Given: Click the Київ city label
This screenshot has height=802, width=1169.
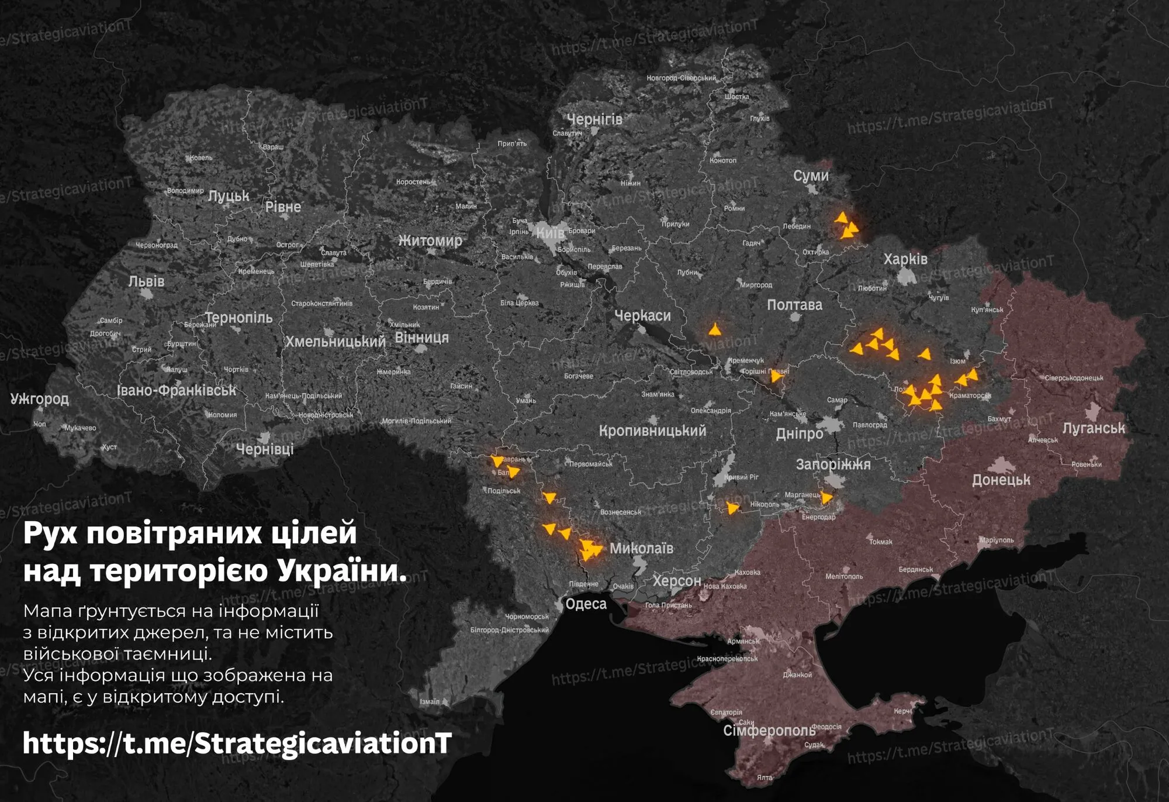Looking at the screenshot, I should (x=551, y=233).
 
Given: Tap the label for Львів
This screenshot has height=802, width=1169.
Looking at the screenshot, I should (x=146, y=281).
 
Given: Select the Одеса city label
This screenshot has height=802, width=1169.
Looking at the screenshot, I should (x=586, y=604).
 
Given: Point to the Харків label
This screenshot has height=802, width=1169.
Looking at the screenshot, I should (x=905, y=259).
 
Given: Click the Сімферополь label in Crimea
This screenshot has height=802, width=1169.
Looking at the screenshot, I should (x=769, y=731).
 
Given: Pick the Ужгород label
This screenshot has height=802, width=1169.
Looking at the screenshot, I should (x=39, y=399).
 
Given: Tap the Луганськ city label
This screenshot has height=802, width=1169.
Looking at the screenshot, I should (x=1093, y=428).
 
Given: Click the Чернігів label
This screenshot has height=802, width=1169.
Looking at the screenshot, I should (x=594, y=119).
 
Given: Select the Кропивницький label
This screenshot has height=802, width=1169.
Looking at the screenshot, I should (x=652, y=431).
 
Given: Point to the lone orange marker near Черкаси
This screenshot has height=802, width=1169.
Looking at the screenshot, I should (x=714, y=330).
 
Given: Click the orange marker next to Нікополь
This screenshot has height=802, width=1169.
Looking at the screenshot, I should (x=732, y=508).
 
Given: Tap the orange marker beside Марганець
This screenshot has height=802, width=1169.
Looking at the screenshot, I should (x=826, y=498).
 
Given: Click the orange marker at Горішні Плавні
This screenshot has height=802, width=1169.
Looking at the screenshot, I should (x=776, y=376).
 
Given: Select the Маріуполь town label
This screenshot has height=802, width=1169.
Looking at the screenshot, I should (x=997, y=540).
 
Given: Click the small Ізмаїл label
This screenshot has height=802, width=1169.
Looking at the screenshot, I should (x=430, y=701).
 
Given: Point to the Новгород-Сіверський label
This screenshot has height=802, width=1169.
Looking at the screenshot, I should (x=681, y=78).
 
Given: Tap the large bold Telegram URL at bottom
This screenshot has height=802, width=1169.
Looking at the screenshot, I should (x=237, y=744).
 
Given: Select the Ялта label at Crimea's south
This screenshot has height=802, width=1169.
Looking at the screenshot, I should (x=765, y=777).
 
